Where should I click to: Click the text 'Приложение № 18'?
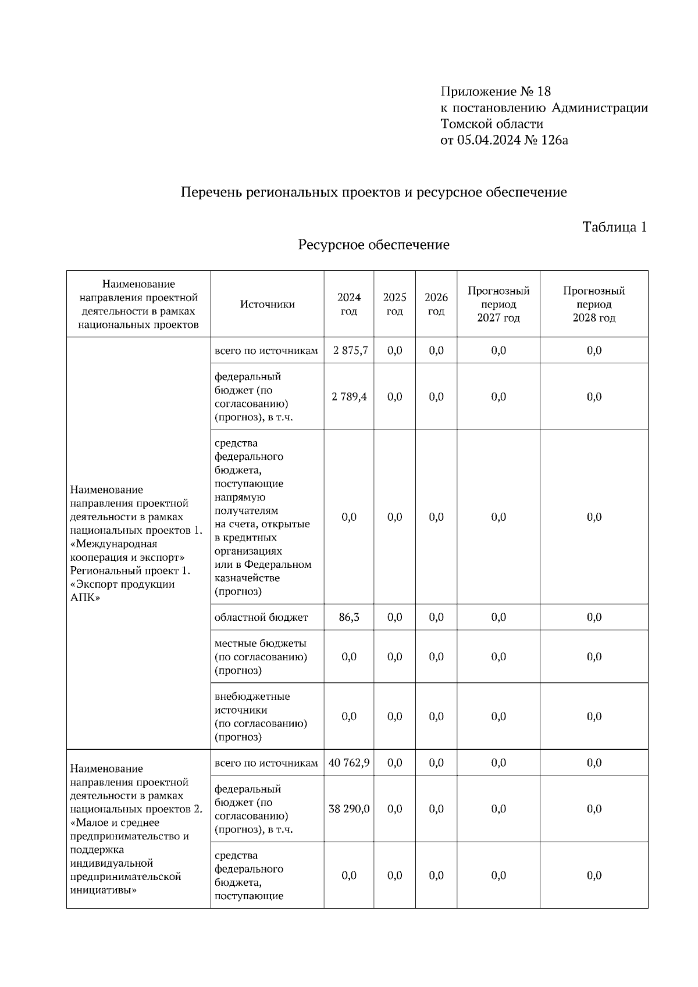[496, 92]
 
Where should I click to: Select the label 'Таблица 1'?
[614, 227]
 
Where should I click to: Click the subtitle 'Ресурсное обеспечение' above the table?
[373, 245]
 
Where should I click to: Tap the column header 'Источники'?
[267, 305]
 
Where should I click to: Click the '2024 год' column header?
[349, 305]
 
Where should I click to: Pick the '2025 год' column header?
[394, 305]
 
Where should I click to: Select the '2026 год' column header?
[436, 305]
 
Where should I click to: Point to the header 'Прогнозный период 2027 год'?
[498, 305]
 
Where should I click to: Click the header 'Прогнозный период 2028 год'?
[594, 305]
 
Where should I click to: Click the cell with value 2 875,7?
[350, 351]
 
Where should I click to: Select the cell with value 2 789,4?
[349, 397]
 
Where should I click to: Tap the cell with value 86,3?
[349, 617]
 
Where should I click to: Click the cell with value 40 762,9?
[349, 763]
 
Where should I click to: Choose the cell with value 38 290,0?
[349, 809]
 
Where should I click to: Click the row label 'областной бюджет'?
[261, 617]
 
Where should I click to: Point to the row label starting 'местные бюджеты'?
[261, 657]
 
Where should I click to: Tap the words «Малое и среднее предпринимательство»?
[129, 829]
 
